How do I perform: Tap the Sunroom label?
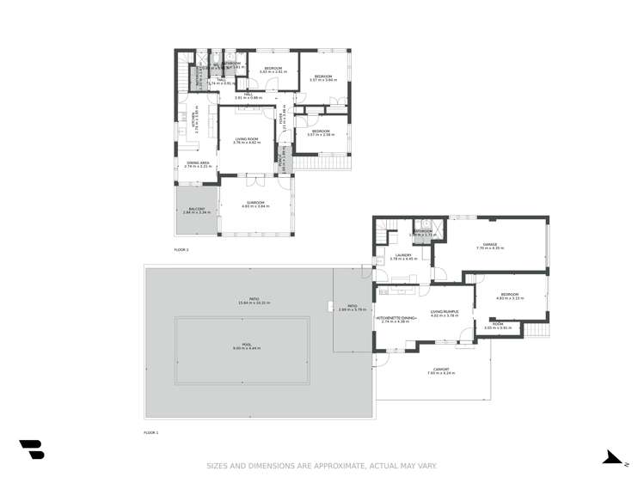click(x=256, y=203)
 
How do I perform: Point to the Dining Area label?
click(x=199, y=162)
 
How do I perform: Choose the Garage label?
click(x=490, y=244)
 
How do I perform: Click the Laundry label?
click(x=403, y=254)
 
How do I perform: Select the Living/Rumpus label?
click(x=444, y=311)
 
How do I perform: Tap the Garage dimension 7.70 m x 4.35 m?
click(x=490, y=248)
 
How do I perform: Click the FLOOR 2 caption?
click(x=181, y=249)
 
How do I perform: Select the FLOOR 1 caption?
click(x=151, y=431)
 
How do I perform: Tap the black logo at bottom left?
click(x=31, y=449)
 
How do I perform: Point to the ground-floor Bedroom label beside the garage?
click(x=510, y=294)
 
